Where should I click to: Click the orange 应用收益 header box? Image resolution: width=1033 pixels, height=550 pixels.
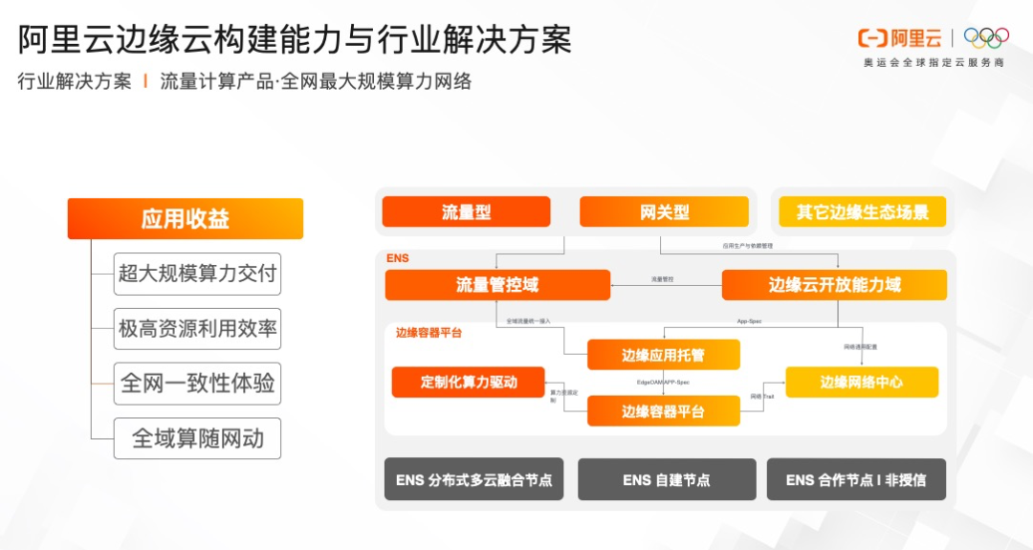tap(185, 219)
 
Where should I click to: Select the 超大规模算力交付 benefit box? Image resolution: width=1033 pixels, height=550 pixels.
tap(198, 275)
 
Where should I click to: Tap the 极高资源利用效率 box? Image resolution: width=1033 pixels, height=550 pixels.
tap(198, 329)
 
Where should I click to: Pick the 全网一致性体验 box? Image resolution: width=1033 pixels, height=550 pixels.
tap(198, 384)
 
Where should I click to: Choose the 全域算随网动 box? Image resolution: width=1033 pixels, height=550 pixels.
tap(198, 439)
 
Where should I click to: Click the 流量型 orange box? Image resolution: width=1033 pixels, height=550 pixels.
tap(466, 212)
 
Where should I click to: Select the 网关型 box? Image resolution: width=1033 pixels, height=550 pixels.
tap(664, 212)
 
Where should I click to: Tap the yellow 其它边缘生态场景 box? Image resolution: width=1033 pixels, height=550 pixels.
tap(863, 212)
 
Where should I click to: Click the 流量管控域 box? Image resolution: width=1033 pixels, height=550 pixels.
tap(497, 285)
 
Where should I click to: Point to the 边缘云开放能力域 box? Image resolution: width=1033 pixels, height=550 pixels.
tap(834, 285)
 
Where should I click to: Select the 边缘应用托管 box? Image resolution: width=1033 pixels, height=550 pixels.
tap(663, 356)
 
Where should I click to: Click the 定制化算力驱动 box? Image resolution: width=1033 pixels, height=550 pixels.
tap(468, 382)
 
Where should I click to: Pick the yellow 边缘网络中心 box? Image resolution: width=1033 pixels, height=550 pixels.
tap(862, 382)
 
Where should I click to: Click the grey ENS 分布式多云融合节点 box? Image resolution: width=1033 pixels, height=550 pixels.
tap(474, 480)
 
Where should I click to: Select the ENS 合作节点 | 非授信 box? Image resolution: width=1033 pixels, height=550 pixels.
tap(856, 480)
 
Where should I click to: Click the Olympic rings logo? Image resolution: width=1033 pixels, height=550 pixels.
tap(986, 38)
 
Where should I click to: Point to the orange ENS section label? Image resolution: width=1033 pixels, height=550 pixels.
tap(398, 259)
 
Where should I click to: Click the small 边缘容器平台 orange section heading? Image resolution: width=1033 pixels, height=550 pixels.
tap(429, 333)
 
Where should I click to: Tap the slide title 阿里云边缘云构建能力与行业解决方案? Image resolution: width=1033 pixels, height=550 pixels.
tap(296, 39)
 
